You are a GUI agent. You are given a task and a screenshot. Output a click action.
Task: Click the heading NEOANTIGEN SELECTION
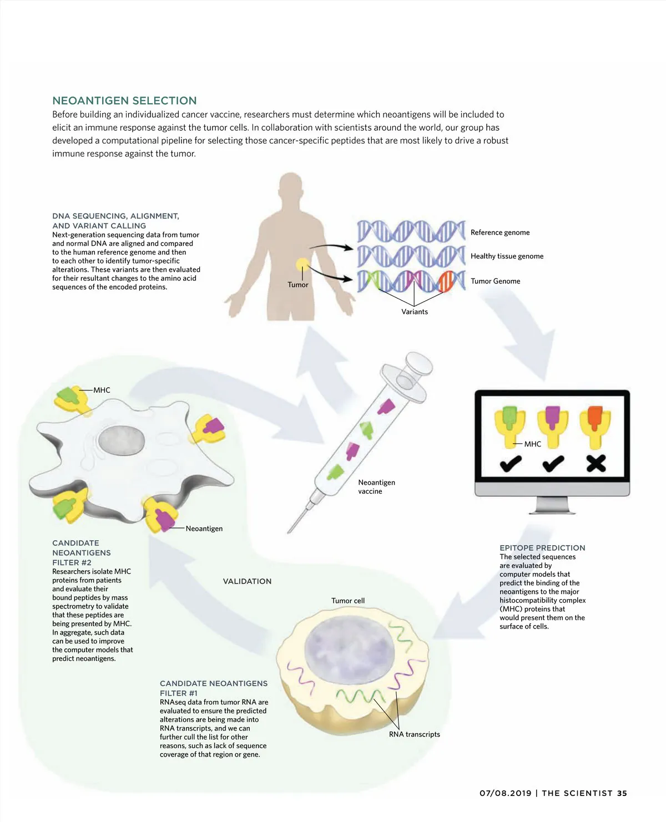[x=124, y=100]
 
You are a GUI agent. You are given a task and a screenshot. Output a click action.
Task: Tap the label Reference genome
[x=500, y=232]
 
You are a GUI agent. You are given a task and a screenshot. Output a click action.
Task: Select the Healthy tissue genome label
[x=507, y=256]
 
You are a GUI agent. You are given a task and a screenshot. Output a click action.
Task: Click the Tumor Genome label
[x=495, y=281]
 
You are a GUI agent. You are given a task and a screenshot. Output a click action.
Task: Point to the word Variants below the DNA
[x=415, y=312]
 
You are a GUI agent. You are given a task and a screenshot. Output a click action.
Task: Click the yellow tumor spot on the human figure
[x=302, y=265]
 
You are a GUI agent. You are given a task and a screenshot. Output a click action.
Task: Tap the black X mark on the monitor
[x=596, y=463]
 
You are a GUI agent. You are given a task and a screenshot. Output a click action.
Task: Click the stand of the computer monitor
[x=552, y=505]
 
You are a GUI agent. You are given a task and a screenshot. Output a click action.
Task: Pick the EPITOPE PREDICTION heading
[x=542, y=547]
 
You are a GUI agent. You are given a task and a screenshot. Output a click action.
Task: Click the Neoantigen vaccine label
[x=376, y=487]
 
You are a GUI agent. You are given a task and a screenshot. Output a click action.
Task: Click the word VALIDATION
[x=247, y=581]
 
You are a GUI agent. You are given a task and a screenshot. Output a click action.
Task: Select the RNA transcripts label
[x=414, y=734]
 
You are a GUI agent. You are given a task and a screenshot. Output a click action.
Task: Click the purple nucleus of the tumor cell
[x=350, y=650]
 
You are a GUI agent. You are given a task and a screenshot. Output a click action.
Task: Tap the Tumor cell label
[x=348, y=601]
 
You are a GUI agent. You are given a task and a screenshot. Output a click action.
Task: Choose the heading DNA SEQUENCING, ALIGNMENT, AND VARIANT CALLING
[x=115, y=221]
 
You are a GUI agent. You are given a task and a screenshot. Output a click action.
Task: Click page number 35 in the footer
[x=622, y=793]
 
